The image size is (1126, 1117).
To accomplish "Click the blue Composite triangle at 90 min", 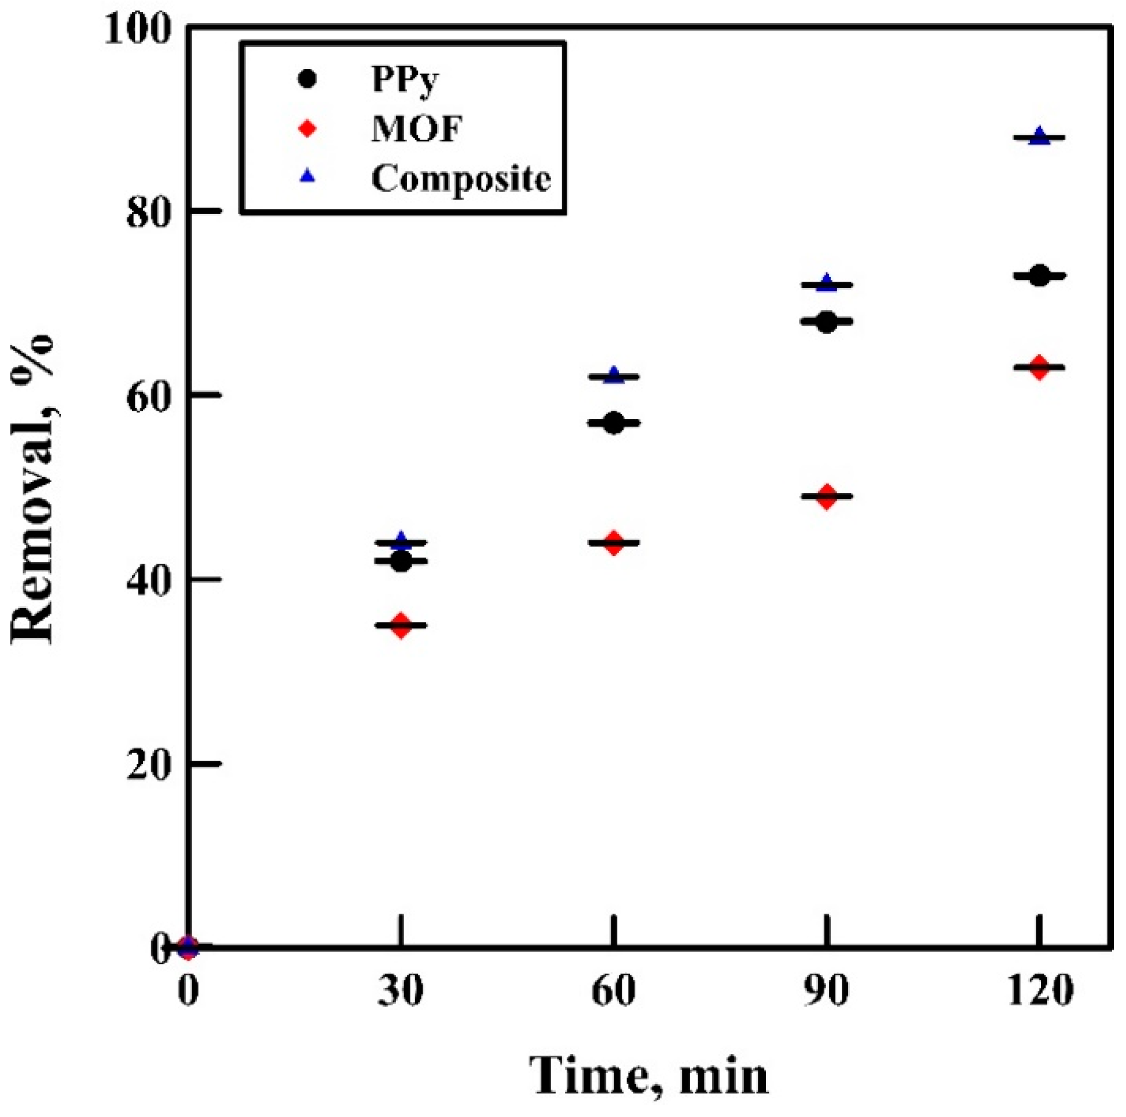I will point(827,283).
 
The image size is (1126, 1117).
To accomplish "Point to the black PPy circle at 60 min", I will point(614,423).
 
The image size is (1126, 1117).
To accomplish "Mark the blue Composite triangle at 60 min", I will point(614,375).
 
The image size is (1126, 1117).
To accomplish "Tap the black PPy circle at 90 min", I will point(827,322).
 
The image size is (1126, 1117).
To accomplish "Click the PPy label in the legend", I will point(405,79).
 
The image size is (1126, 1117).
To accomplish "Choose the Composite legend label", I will point(461,178).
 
